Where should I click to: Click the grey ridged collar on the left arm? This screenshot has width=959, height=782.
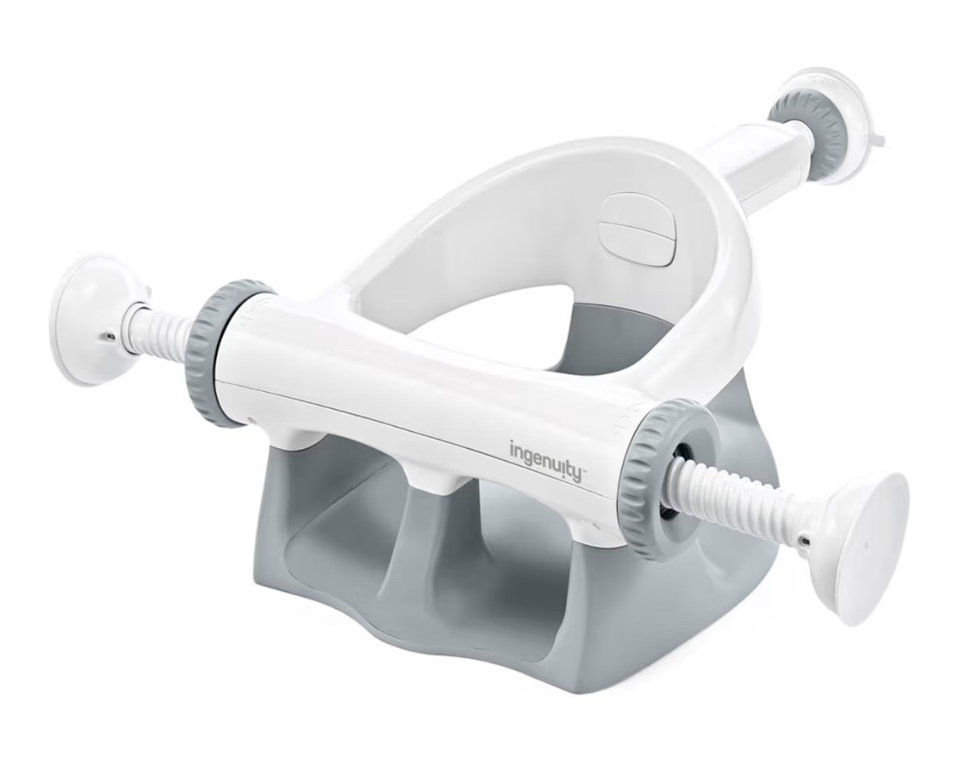(226, 354)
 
